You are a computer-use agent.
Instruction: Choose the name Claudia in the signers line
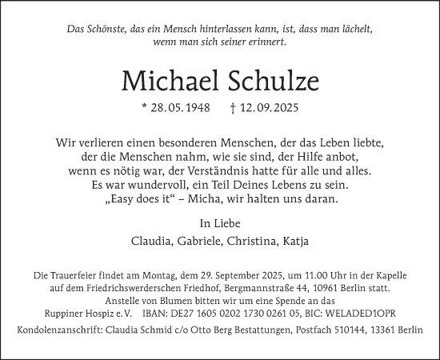[150, 241]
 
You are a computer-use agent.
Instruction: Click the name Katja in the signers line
[297, 241]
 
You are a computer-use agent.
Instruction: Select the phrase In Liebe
[219, 222]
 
